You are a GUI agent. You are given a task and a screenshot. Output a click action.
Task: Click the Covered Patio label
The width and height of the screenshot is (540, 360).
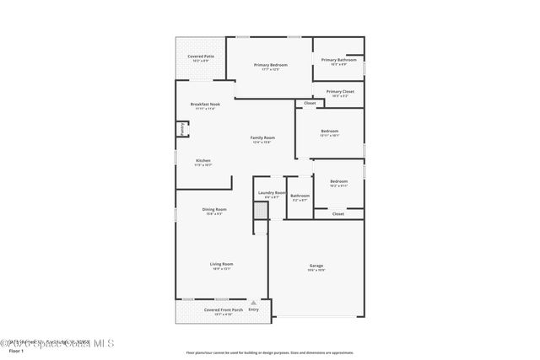[x=201, y=56]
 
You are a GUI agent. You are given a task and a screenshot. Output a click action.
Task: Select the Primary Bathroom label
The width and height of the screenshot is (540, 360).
[x=339, y=60]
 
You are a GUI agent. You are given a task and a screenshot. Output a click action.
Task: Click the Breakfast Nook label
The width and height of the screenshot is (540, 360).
[x=204, y=105]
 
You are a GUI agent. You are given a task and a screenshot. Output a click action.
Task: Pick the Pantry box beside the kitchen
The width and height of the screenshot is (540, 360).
[x=181, y=129]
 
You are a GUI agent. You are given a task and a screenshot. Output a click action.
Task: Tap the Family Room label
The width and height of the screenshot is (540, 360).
[x=262, y=137]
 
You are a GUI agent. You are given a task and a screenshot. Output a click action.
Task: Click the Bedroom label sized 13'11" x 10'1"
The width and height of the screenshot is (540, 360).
[x=330, y=132]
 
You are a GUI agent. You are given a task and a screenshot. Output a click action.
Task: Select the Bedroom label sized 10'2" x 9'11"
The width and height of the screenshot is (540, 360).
[x=338, y=181]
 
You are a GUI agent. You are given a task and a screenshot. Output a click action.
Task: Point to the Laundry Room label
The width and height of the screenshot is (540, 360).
[x=272, y=192]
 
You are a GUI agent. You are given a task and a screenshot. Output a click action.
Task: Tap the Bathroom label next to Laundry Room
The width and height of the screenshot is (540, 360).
[x=300, y=196]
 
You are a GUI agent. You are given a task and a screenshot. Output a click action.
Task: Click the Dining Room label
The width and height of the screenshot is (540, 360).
[x=214, y=209]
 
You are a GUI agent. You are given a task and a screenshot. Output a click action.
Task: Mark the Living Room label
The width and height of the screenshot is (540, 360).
[x=221, y=264]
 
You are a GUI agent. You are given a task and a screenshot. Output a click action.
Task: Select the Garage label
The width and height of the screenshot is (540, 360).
[x=316, y=266]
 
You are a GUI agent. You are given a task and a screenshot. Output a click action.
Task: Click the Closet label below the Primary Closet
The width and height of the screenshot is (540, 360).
[x=310, y=103]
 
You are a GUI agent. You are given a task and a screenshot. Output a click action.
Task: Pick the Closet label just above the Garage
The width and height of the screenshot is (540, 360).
[x=337, y=214]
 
